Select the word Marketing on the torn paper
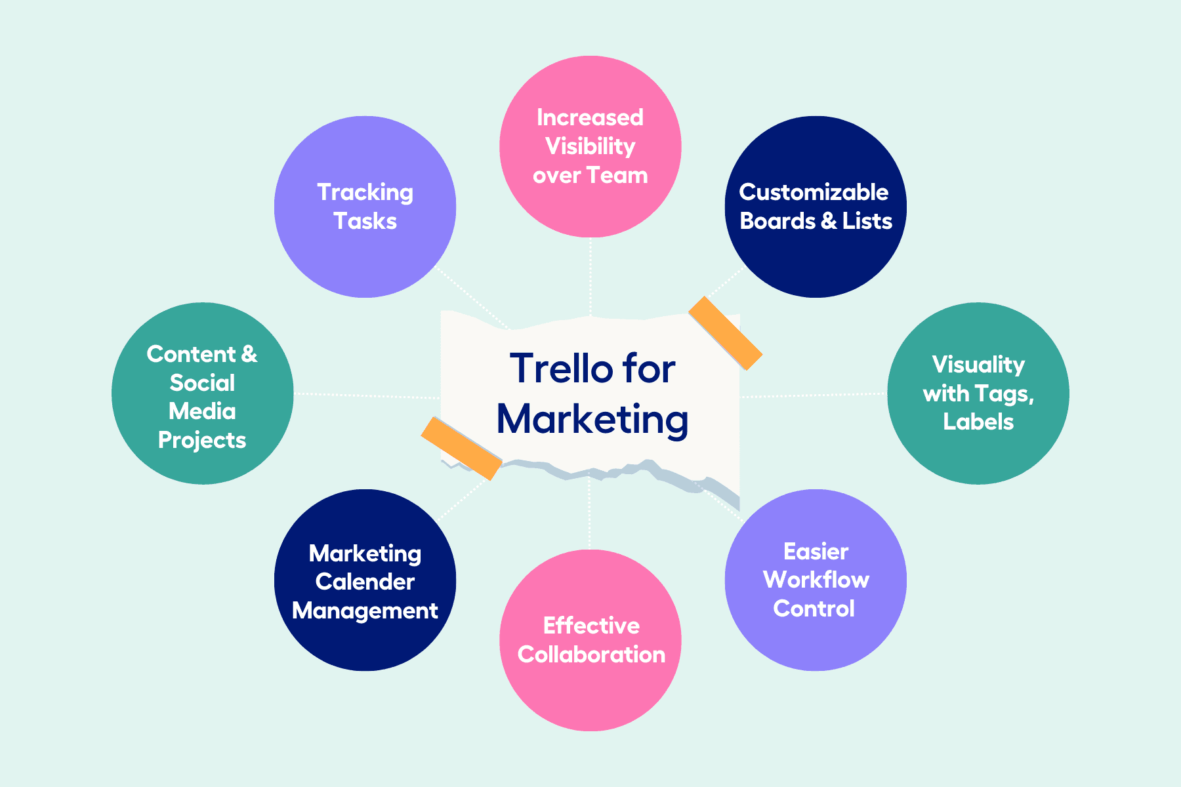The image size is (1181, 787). tap(592, 419)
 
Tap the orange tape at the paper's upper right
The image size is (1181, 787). tap(725, 333)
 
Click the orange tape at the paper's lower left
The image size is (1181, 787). tap(461, 448)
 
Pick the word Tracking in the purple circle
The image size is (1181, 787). tap(365, 193)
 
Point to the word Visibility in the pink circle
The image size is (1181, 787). tap(590, 146)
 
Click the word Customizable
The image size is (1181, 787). tap(814, 192)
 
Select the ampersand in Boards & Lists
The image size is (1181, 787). tap(829, 221)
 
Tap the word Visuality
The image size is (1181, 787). tap(978, 365)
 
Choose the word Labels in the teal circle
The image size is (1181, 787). tap(978, 422)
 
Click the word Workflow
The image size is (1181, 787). tap(816, 580)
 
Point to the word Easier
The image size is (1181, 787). tap(816, 551)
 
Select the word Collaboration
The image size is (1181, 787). tap(591, 655)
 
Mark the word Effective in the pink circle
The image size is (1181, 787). tap(591, 626)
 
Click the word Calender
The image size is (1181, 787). tap(365, 582)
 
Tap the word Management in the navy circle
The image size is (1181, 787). tap(365, 611)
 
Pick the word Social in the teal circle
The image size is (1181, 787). tap(202, 383)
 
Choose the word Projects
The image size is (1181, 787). tap(202, 440)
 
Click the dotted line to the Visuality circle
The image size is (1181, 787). tap(814, 395)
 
